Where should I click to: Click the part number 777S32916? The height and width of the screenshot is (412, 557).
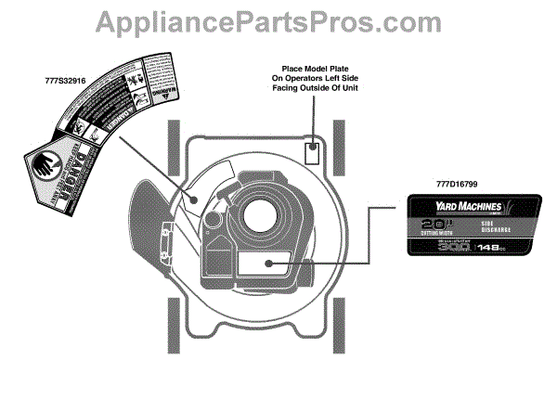[66, 82]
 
